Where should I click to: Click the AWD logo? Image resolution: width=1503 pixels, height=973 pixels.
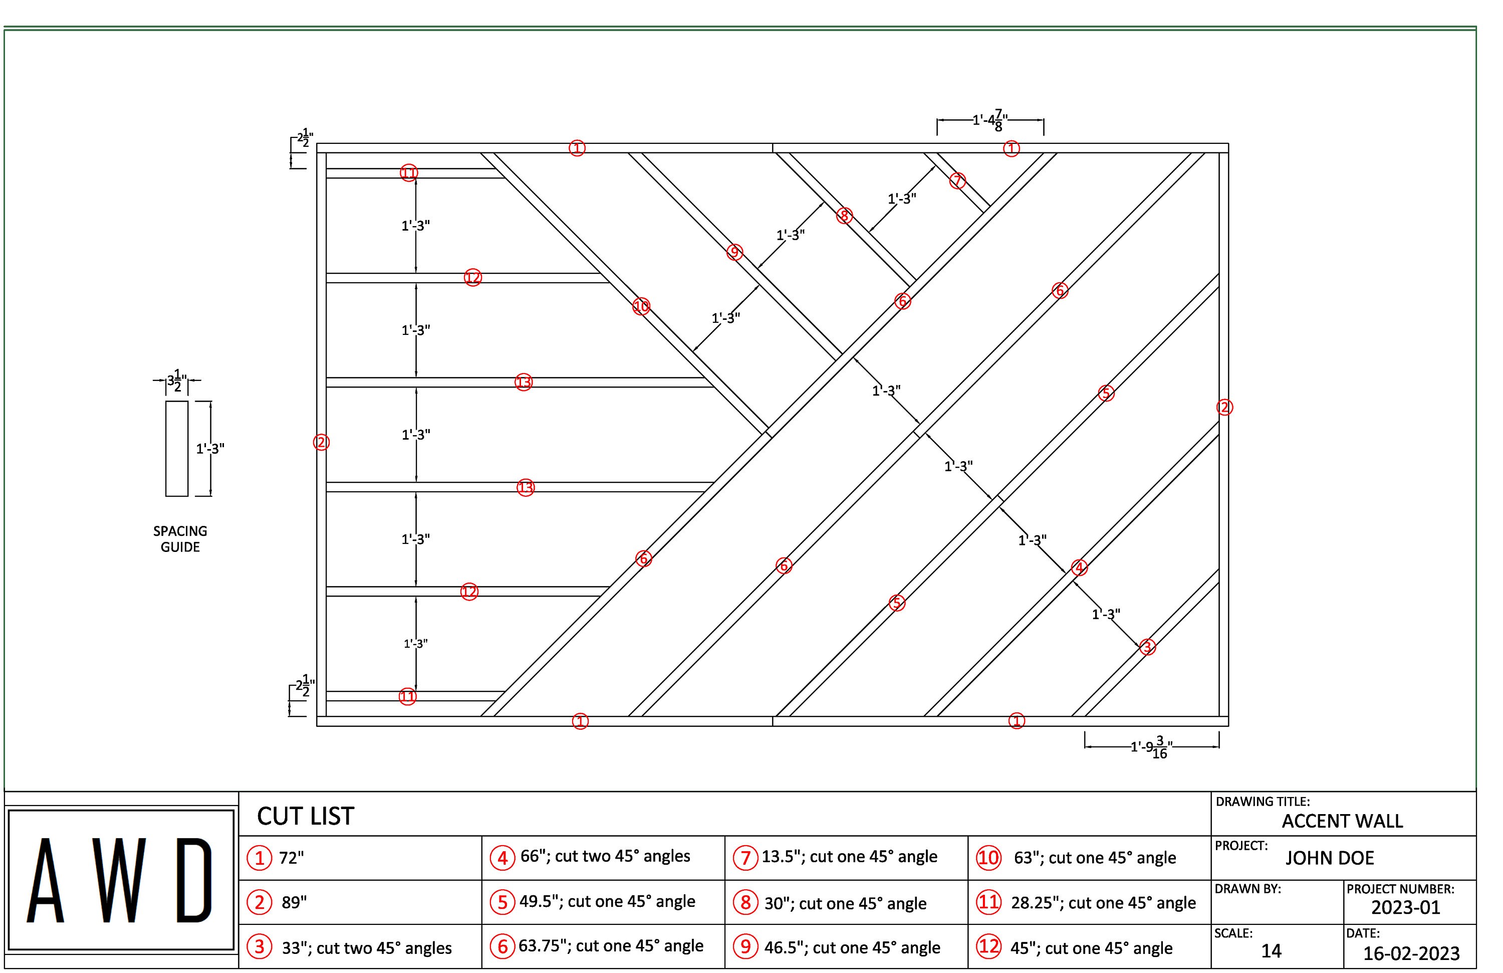click(120, 881)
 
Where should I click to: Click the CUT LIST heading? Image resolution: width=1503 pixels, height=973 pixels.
click(306, 816)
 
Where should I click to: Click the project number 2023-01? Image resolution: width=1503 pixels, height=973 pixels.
click(1405, 907)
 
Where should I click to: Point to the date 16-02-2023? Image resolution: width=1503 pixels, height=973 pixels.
click(1411, 953)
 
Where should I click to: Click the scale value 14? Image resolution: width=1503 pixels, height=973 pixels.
click(1271, 951)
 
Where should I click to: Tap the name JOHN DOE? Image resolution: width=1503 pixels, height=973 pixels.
click(1329, 858)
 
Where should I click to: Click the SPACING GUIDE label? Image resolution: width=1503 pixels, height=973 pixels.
click(180, 539)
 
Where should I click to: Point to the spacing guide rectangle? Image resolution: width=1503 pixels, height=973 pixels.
click(177, 449)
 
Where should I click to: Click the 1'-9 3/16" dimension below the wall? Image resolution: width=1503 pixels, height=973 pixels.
click(1151, 747)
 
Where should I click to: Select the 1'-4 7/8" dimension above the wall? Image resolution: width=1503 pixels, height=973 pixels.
click(989, 119)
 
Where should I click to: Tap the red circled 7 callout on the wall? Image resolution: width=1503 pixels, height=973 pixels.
click(957, 180)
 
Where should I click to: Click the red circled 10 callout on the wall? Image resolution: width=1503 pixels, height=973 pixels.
click(641, 306)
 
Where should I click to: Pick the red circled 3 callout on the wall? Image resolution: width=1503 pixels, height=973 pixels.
click(1147, 647)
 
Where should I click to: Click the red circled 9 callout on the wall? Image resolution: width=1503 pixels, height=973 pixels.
click(734, 252)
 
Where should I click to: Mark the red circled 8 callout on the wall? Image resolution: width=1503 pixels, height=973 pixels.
click(844, 216)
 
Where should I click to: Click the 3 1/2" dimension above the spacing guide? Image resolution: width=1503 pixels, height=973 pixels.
click(177, 381)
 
